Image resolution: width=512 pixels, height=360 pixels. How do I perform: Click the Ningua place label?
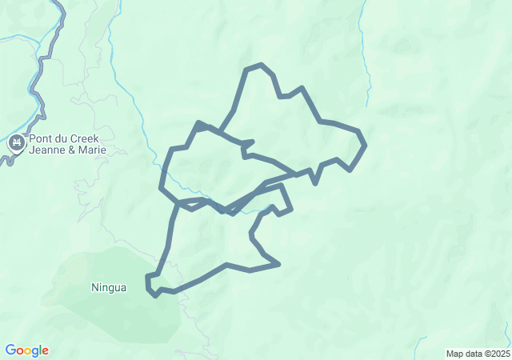click(109, 287)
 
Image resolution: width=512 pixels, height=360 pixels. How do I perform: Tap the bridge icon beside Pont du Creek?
click(15, 144)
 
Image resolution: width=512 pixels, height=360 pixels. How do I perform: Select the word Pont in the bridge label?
click(40, 138)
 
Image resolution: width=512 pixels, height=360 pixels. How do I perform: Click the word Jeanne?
click(47, 150)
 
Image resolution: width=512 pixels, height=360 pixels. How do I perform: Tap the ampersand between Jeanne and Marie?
click(72, 150)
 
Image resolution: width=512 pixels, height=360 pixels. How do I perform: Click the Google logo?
click(26, 350)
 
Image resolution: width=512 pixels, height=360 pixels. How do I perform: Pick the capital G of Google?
click(10, 350)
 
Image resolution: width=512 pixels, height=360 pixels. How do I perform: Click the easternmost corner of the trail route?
click(365, 145)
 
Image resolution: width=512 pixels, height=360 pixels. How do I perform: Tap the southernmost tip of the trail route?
click(154, 295)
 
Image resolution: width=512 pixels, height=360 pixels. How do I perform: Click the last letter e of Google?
click(45, 350)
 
